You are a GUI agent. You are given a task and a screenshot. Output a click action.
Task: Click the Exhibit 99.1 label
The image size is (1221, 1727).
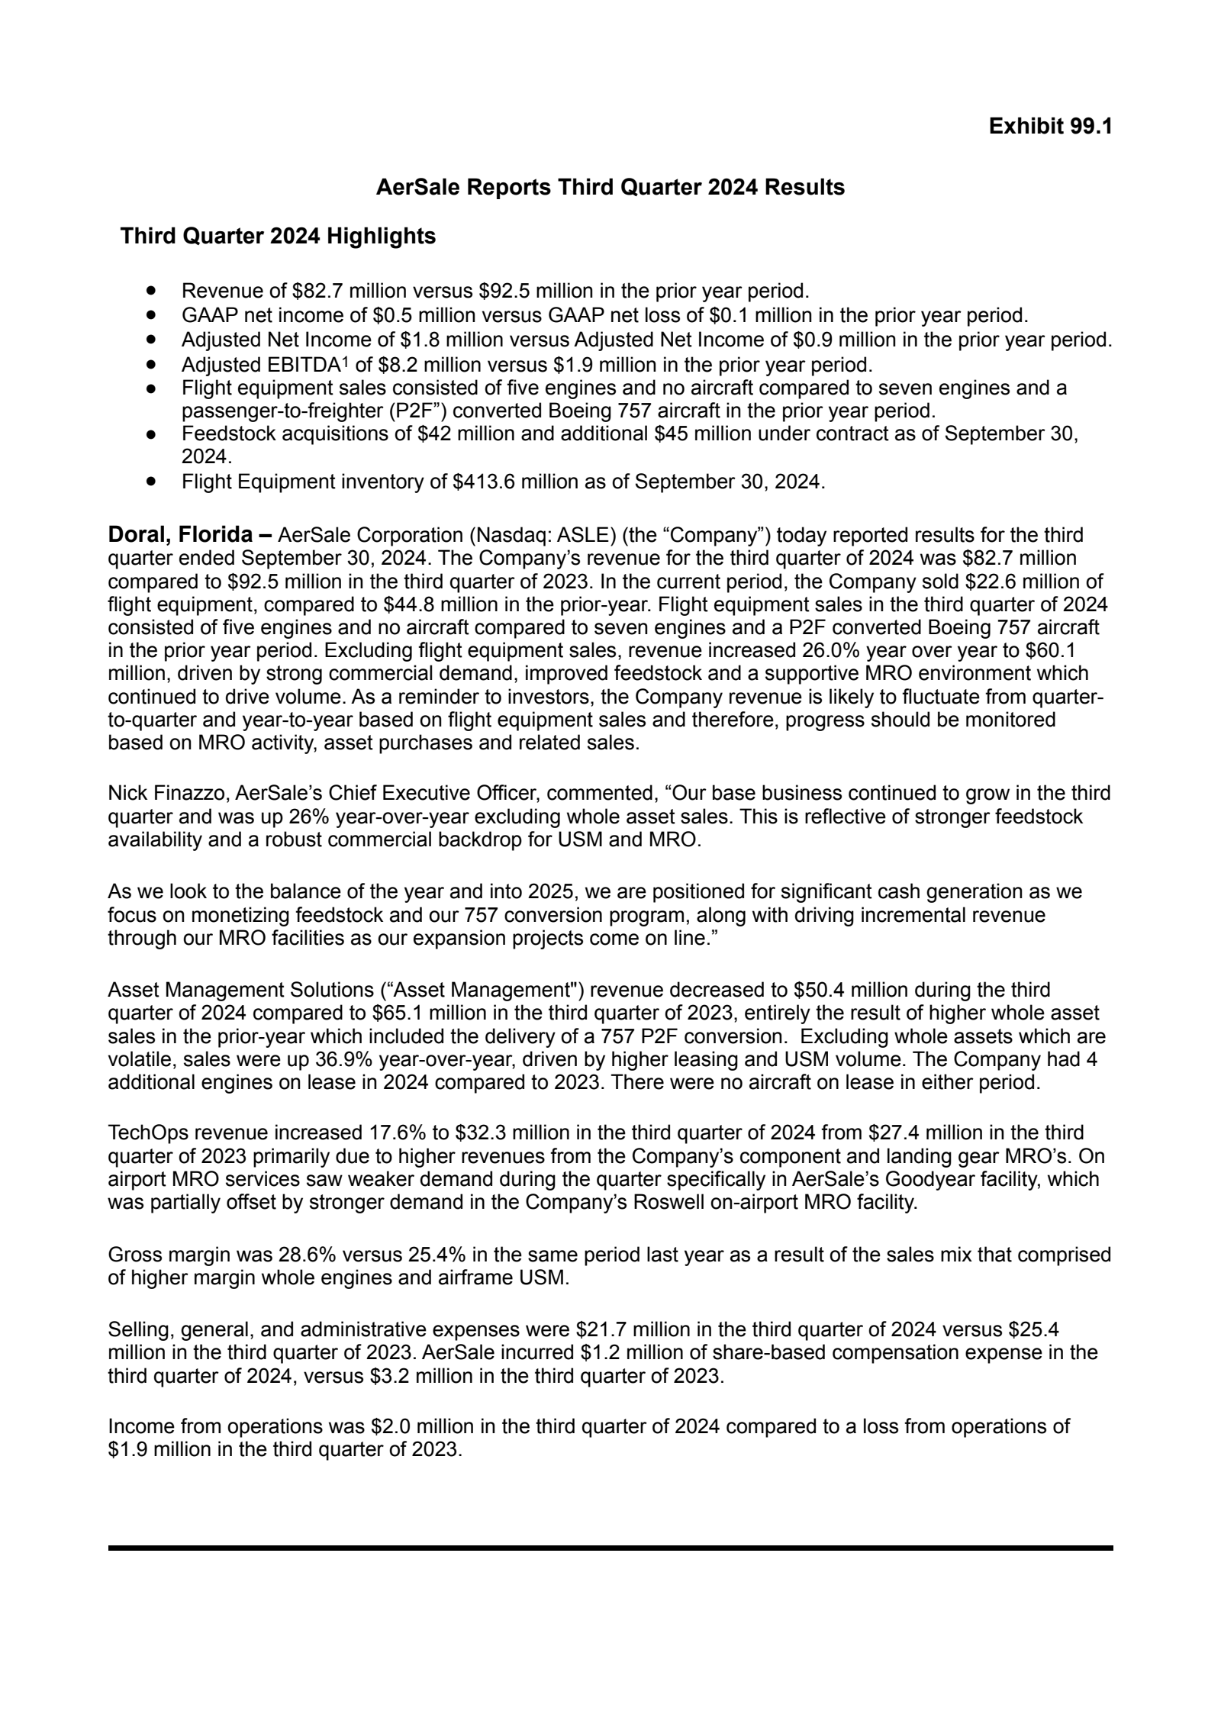pyautogui.click(x=1050, y=127)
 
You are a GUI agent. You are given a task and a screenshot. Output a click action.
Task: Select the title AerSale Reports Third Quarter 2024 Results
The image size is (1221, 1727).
pyautogui.click(x=610, y=188)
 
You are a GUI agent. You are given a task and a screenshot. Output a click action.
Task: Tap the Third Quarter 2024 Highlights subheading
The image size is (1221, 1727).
pyautogui.click(x=278, y=237)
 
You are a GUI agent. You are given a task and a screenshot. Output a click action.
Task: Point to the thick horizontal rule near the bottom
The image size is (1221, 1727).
pyautogui.click(x=610, y=1548)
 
